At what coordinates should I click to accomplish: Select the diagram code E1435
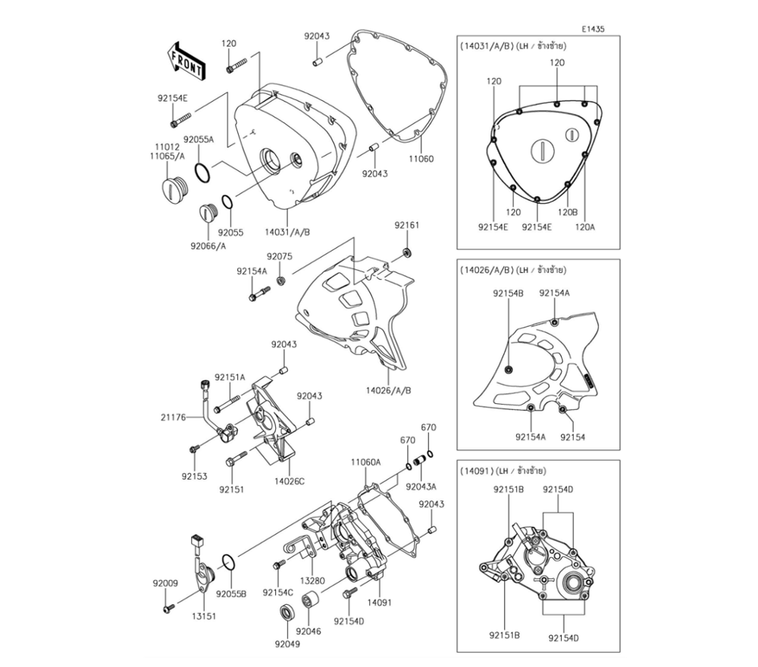tap(594, 29)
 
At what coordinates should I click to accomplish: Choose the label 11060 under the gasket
tap(421, 161)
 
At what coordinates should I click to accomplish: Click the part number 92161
tap(406, 225)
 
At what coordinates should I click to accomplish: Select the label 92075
tap(279, 256)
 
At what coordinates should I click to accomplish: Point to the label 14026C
tap(290, 481)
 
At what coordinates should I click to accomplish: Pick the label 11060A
tap(365, 461)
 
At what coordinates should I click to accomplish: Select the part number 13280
tap(312, 581)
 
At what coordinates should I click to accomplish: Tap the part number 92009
tap(164, 584)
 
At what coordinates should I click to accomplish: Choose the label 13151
tap(203, 616)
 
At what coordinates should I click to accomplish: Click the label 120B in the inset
tap(568, 212)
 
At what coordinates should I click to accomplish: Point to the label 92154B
tap(508, 293)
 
